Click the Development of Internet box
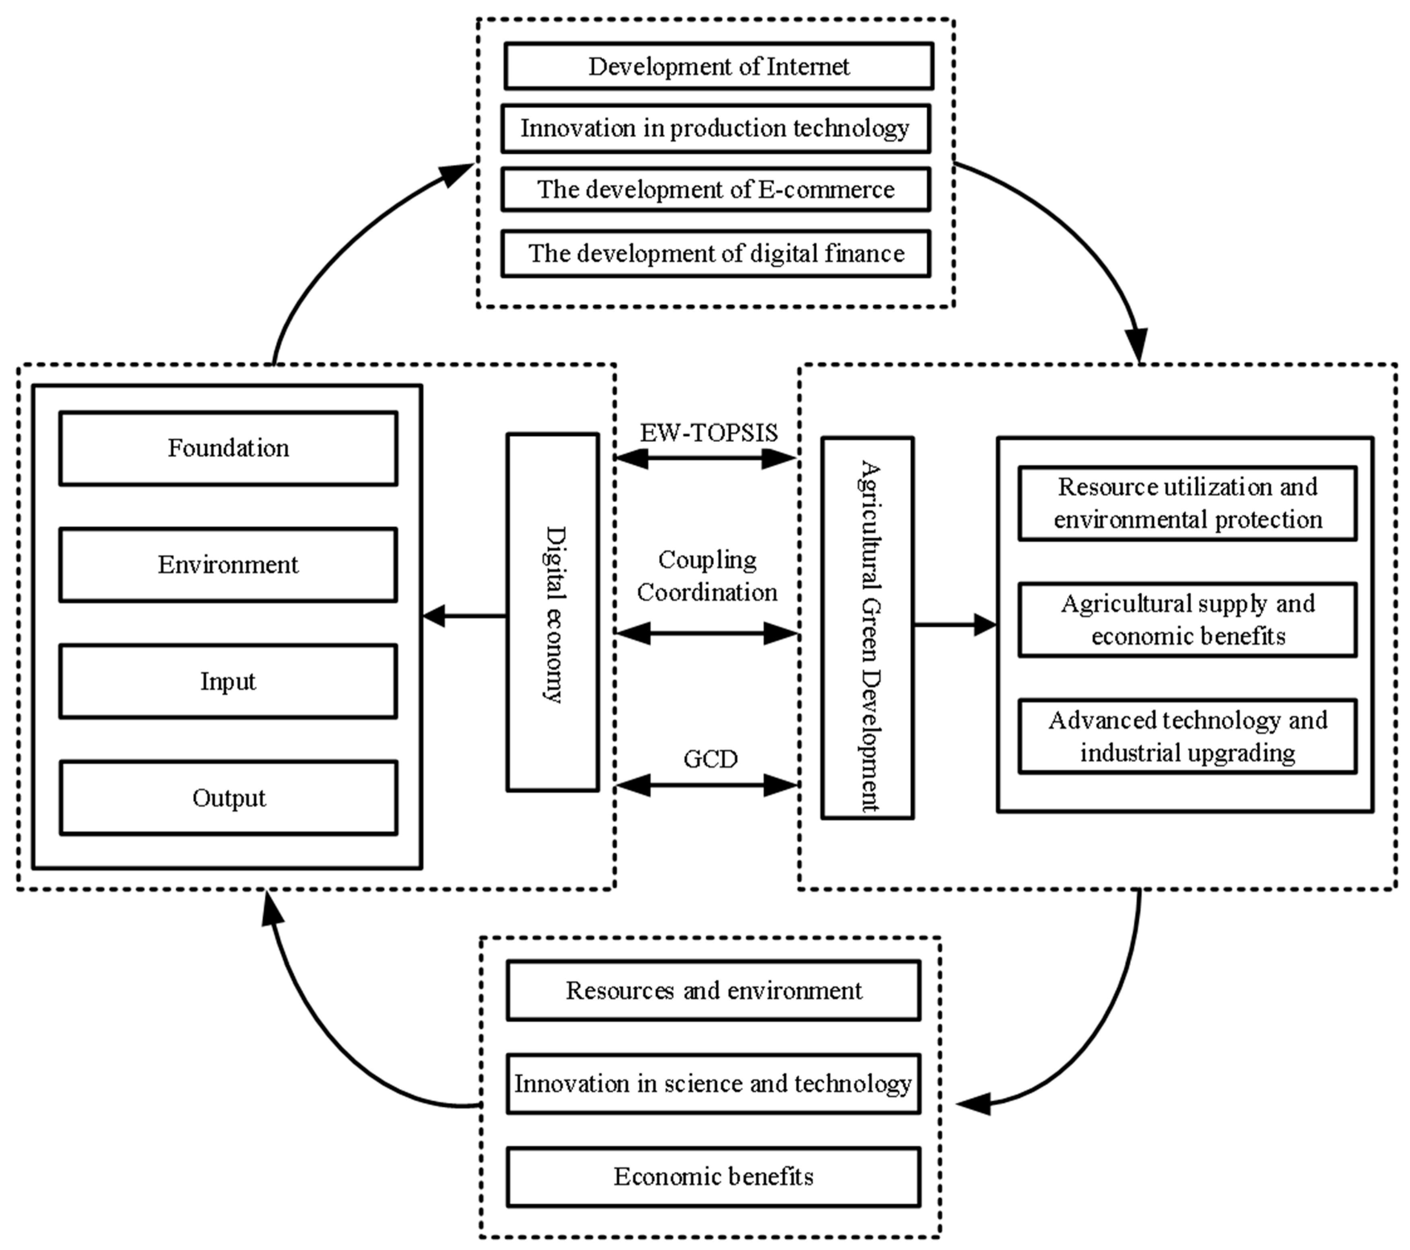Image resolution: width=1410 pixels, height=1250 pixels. [x=718, y=66]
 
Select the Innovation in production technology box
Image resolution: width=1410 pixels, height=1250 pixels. [x=715, y=128]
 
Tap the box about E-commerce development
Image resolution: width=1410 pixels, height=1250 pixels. [x=715, y=190]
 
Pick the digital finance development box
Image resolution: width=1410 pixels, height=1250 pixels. [x=715, y=254]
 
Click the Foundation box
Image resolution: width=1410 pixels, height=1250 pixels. [x=228, y=449]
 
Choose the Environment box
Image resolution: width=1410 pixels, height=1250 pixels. [x=228, y=565]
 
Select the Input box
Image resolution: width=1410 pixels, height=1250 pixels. [x=228, y=682]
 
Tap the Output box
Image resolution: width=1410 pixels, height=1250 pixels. [x=228, y=798]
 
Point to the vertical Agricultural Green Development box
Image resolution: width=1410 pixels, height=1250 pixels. [x=867, y=628]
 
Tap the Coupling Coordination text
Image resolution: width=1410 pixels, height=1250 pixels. [x=707, y=576]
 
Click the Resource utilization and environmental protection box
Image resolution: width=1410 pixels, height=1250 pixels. [x=1187, y=504]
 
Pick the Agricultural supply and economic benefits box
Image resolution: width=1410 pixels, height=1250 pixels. [x=1187, y=620]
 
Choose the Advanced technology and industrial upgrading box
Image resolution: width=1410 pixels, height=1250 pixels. [x=1187, y=736]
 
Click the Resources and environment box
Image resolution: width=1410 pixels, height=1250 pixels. [x=713, y=991]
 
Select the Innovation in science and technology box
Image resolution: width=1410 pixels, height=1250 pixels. [x=713, y=1084]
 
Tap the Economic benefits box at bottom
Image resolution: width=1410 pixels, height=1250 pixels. [x=713, y=1176]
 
